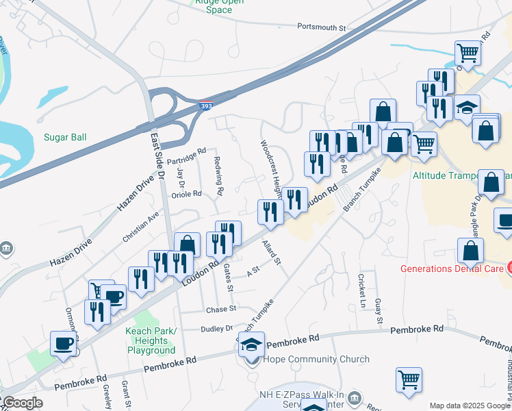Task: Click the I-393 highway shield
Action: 206,106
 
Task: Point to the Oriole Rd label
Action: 186,194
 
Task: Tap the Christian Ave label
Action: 140,225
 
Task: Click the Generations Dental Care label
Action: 451,268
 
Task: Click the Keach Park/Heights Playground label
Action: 151,340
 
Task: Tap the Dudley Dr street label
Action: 216,329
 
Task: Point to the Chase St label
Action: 221,310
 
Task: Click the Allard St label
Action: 272,251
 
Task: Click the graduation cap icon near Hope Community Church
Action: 251,344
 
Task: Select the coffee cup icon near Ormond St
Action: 64,342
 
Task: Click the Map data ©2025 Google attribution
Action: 469,406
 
